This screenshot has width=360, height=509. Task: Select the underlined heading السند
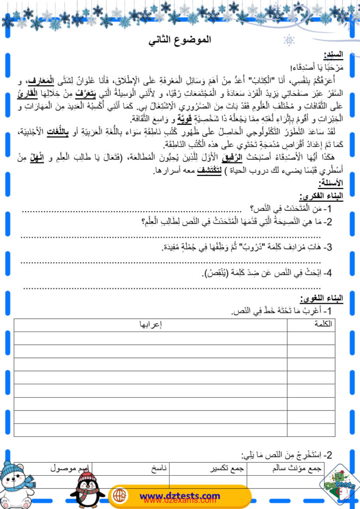333,55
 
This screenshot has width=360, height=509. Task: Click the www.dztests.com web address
180,496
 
